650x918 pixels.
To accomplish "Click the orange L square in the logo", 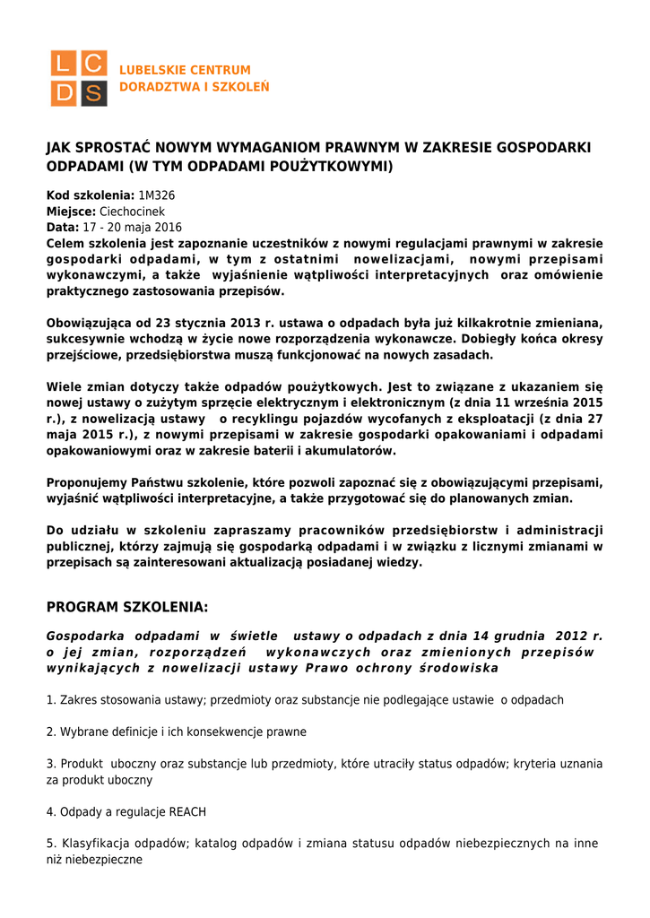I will (65, 64).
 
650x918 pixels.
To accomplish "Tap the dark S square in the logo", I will (93, 92).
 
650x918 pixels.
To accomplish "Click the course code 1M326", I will (157, 195).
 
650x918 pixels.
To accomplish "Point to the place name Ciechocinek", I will (132, 211).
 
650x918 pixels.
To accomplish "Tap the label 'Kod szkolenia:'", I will (90, 195).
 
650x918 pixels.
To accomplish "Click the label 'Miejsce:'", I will (71, 211).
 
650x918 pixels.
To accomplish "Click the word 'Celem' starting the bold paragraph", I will (67, 243).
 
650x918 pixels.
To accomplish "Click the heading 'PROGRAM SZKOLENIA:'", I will (127, 608).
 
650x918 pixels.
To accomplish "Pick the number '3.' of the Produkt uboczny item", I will (51, 764).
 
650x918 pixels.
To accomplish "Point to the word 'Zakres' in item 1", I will (77, 699).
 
